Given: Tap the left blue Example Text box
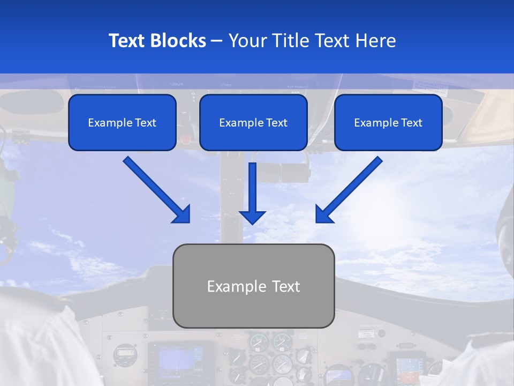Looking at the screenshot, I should [122, 123].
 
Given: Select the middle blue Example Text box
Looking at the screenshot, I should [253, 123].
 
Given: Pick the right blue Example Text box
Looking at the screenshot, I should [388, 123].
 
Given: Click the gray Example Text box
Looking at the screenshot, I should [253, 286].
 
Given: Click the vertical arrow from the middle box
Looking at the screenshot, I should [252, 188].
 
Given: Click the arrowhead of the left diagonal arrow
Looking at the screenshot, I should [182, 214].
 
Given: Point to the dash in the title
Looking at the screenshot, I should [217, 41].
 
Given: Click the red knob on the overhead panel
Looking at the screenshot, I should [186, 138].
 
